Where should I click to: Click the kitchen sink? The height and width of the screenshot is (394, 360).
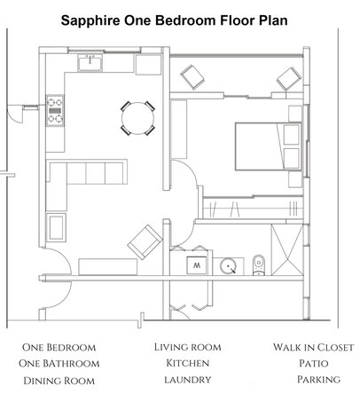pos(90,62)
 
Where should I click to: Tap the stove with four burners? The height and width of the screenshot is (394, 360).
pos(55,110)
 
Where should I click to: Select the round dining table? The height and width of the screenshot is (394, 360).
pos(137,118)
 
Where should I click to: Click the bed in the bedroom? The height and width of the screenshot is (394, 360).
pos(269,146)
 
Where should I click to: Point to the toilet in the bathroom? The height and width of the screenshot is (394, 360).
pos(259,265)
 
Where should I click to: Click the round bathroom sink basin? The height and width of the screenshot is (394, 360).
pos(228,266)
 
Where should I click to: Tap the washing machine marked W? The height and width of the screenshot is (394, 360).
pos(197,265)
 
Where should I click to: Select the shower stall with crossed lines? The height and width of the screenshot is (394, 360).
pos(287,250)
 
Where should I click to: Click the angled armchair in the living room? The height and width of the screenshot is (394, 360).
pos(145,242)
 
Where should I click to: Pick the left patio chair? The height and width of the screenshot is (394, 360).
pos(192,77)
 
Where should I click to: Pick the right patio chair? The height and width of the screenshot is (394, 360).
pos(289,79)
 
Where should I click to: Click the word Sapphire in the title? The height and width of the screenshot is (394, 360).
pos(90,21)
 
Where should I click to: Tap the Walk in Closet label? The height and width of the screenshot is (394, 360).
pos(313,347)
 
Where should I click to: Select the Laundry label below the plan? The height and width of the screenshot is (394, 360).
pos(188,380)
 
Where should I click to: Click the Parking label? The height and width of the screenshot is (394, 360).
pos(318,380)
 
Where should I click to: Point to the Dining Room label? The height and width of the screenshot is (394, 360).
pos(59,381)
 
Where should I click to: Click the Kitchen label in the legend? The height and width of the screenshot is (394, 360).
pos(188,363)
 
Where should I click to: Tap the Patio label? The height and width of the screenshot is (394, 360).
pos(314,363)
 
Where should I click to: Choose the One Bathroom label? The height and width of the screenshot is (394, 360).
pos(59,364)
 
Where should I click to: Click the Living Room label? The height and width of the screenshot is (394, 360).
pos(188,347)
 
